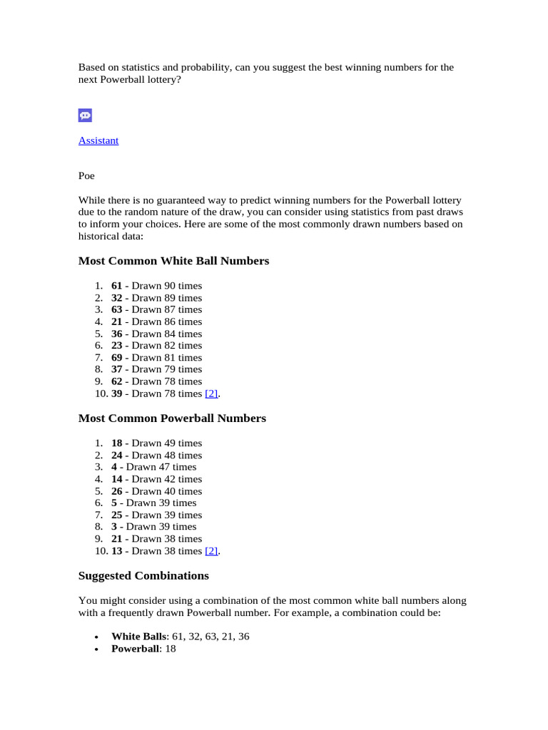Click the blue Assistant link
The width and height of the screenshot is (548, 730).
[x=98, y=140]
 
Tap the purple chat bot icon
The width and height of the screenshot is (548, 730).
[x=85, y=115]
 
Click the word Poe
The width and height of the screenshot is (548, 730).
[x=86, y=175]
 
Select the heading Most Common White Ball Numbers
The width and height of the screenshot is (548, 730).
[x=173, y=261]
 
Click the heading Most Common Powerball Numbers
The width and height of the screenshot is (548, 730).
[x=172, y=418]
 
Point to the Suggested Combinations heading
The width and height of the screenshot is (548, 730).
[x=143, y=575]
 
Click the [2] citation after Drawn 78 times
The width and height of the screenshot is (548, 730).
[x=211, y=394]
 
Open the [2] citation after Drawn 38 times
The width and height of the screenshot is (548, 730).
[x=211, y=551]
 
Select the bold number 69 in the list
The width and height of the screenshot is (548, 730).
[x=117, y=358]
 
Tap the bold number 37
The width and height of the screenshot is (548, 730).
[x=117, y=369]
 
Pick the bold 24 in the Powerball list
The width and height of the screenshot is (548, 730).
[x=117, y=456]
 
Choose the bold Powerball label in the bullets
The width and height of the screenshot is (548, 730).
[x=135, y=649]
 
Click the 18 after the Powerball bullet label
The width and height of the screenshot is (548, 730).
[x=171, y=649]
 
